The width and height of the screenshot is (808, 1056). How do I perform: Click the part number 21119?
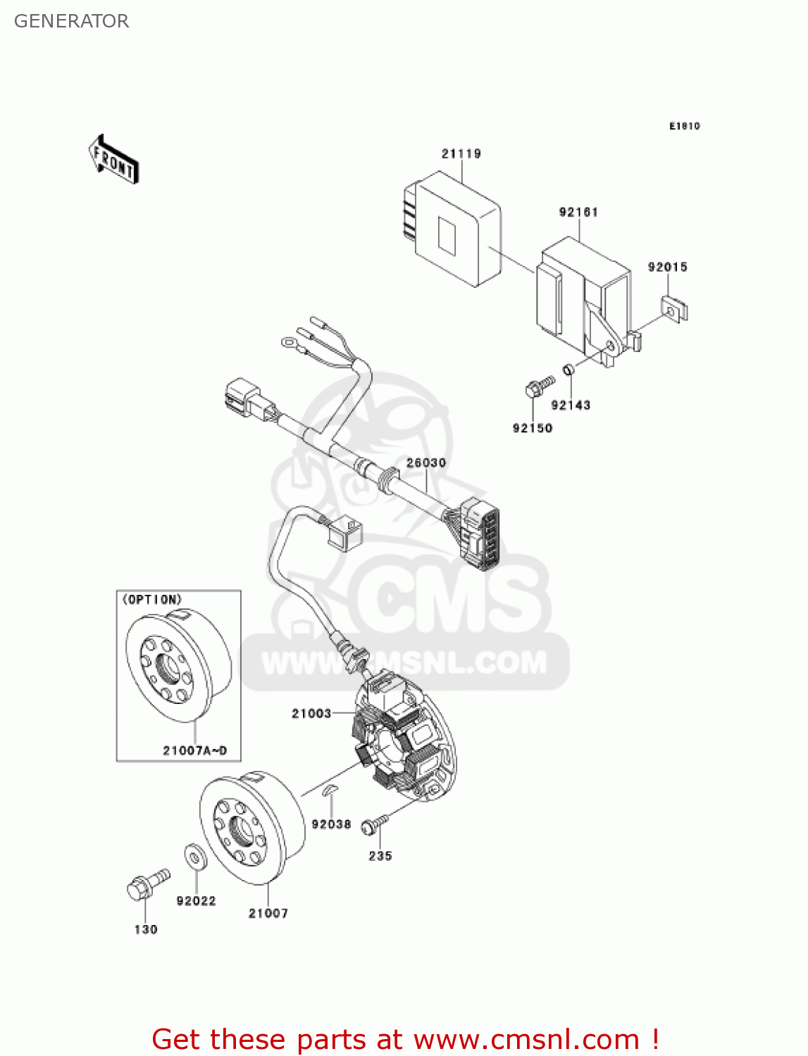[x=461, y=153]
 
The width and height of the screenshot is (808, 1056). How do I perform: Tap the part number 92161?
[x=578, y=212]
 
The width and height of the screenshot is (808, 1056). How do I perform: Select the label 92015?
[x=667, y=267]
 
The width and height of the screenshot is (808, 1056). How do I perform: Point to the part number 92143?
[x=571, y=405]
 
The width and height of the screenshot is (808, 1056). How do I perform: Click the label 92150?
[x=533, y=428]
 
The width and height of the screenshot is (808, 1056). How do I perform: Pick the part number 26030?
[x=426, y=463]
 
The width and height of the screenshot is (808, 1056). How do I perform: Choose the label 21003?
[x=311, y=713]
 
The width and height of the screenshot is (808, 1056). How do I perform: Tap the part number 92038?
[x=331, y=824]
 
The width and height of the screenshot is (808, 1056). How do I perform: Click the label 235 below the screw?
[x=380, y=856]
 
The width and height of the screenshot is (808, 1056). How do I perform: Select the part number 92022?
[x=196, y=901]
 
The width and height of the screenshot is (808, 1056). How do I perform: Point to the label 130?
[x=146, y=929]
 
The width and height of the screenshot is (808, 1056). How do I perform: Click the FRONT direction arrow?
[x=113, y=160]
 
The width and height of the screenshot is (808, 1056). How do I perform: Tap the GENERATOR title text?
[x=71, y=21]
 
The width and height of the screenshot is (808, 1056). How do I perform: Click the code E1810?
[x=684, y=126]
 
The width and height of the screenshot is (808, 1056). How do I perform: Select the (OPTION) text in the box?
[x=152, y=600]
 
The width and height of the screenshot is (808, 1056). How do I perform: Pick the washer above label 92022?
[x=194, y=857]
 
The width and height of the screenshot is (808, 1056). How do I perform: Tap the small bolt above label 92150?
[x=539, y=386]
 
